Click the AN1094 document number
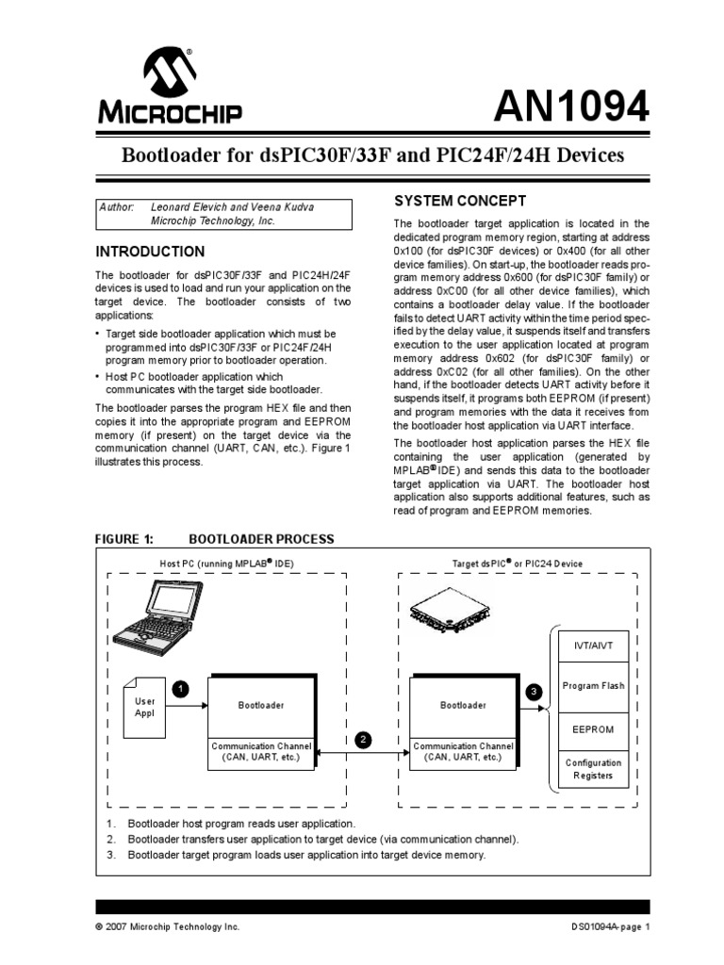click(573, 109)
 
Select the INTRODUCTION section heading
click(149, 252)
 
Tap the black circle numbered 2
click(363, 739)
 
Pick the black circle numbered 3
click(534, 691)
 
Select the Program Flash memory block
click(593, 686)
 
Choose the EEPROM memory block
click(593, 728)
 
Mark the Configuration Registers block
click(593, 769)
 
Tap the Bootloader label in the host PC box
click(260, 705)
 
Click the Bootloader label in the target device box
click(464, 705)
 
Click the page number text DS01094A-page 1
click(604, 926)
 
